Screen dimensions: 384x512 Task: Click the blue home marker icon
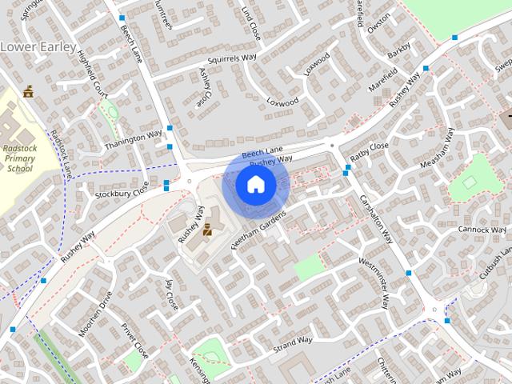255,184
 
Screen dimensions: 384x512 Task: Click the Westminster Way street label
374,282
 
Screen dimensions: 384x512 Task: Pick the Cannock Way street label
478,230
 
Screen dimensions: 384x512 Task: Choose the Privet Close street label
135,339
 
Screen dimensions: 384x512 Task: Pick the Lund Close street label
250,23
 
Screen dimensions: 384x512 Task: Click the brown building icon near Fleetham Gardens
207,230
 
